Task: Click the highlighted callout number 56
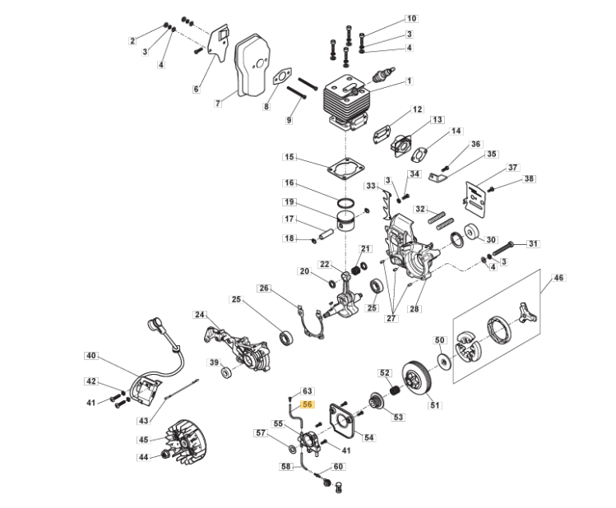[308, 405]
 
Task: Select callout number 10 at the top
[411, 18]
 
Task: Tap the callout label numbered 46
[558, 279]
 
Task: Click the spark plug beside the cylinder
[381, 76]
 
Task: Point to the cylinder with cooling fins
[350, 103]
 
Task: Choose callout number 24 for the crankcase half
[200, 315]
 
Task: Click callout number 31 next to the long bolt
[533, 243]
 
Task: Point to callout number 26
[264, 288]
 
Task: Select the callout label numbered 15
[289, 157]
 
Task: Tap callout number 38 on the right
[529, 178]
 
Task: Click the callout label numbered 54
[368, 437]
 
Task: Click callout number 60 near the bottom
[338, 467]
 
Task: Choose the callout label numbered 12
[417, 109]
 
